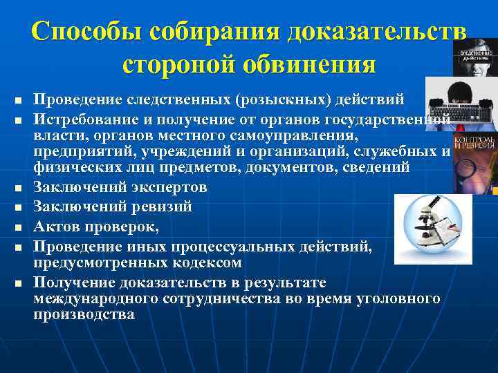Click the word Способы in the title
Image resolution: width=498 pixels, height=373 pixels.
click(84, 32)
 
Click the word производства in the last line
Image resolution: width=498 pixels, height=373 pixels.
click(84, 315)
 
